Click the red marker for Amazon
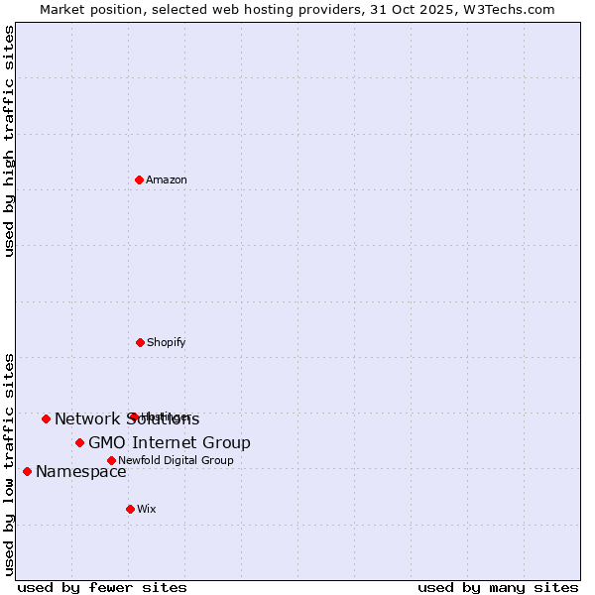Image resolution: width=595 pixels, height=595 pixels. pyautogui.click(x=139, y=179)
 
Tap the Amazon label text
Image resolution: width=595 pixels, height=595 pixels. pyautogui.click(x=167, y=179)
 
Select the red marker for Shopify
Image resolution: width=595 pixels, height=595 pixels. pyautogui.click(x=140, y=342)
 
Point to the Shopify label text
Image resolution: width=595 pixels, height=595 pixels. pyautogui.click(x=167, y=342)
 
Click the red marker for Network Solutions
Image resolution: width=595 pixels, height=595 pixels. pyautogui.click(x=46, y=418)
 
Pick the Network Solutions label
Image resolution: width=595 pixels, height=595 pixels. pyautogui.click(x=127, y=418)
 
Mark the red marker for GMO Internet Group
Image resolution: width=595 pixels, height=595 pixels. pyautogui.click(x=79, y=442)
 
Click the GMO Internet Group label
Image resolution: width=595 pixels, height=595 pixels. pyautogui.click(x=170, y=442)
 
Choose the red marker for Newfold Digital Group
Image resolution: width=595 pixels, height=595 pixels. pyautogui.click(x=111, y=460)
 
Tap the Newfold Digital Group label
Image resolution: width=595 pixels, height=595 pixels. pyautogui.click(x=176, y=460)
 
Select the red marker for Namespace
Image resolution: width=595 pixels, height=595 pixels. pyautogui.click(x=27, y=471)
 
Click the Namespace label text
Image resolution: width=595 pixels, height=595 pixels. pyautogui.click(x=81, y=471)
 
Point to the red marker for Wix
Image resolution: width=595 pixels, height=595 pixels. pyautogui.click(x=130, y=509)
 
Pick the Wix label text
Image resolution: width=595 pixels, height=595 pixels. pyautogui.click(x=147, y=509)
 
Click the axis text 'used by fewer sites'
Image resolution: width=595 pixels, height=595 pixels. pyautogui.click(x=102, y=587)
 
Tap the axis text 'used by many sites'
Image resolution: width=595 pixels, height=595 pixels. pyautogui.click(x=498, y=587)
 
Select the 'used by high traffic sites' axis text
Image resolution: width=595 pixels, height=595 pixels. pyautogui.click(x=9, y=141)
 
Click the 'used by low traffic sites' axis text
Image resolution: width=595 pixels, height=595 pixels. pyautogui.click(x=9, y=463)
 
